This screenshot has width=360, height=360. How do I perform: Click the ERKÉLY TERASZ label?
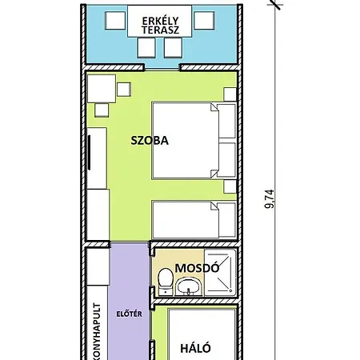pyautogui.click(x=160, y=26)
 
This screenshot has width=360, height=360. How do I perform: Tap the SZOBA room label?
pyautogui.click(x=150, y=141)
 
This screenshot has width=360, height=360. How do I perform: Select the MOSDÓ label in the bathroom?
pyautogui.click(x=197, y=268)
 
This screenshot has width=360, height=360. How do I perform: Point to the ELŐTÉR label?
pyautogui.click(x=129, y=314)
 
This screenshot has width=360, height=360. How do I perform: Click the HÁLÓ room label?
pyautogui.click(x=195, y=348)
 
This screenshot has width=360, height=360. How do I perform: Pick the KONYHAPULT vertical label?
pyautogui.click(x=98, y=331)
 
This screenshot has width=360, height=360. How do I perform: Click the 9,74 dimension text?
pyautogui.click(x=270, y=198)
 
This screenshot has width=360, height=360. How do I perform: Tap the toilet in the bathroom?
pyautogui.click(x=165, y=282)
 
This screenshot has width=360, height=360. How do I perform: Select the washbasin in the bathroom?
pyautogui.click(x=189, y=286)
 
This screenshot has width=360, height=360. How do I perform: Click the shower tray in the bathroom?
pyautogui.click(x=220, y=272)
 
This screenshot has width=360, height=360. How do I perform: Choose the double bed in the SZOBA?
pyautogui.click(x=194, y=140)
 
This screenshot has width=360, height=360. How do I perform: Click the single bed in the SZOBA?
pyautogui.click(x=194, y=220)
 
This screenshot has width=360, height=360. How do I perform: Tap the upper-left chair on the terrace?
pyautogui.click(x=115, y=21)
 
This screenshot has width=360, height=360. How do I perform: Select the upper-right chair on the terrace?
pyautogui.click(x=204, y=20)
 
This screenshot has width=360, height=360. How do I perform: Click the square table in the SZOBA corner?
pyautogui.click(x=102, y=89)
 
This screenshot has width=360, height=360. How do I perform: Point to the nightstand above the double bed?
pyautogui.click(x=230, y=94)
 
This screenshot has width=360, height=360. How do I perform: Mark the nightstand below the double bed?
pyautogui.click(x=230, y=186)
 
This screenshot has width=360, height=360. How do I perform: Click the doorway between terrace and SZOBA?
pyautogui.click(x=162, y=67)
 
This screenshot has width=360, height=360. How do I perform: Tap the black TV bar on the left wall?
pyautogui.click(x=89, y=152)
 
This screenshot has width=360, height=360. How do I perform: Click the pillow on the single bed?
pyautogui.click(x=227, y=220)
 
